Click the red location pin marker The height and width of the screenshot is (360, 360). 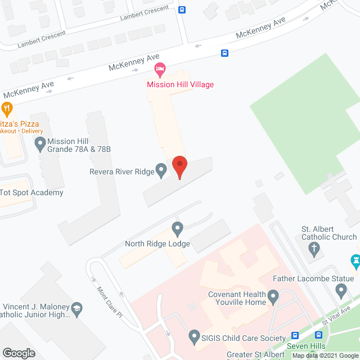pyautogui.click(x=179, y=166)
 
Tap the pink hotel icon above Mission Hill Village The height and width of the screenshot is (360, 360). pyautogui.click(x=160, y=71)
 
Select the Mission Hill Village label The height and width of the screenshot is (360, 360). pyautogui.click(x=180, y=84)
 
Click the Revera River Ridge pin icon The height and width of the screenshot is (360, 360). pyautogui.click(x=161, y=169)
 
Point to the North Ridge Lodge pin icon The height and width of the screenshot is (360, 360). pyautogui.click(x=178, y=229)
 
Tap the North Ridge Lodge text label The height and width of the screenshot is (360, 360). pyautogui.click(x=158, y=244)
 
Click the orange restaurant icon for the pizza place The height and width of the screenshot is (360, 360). pyautogui.click(x=7, y=108)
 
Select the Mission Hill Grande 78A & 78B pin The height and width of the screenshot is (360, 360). pyautogui.click(x=40, y=145)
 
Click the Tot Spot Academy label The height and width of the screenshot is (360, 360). pyautogui.click(x=31, y=192)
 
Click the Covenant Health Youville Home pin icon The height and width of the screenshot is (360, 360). pyautogui.click(x=273, y=296)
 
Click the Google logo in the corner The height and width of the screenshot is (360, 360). pyautogui.click(x=18, y=353)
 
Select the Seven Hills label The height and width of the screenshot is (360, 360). pyautogui.click(x=306, y=346)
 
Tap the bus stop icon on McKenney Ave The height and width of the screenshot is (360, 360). pyautogui.click(x=224, y=53)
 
